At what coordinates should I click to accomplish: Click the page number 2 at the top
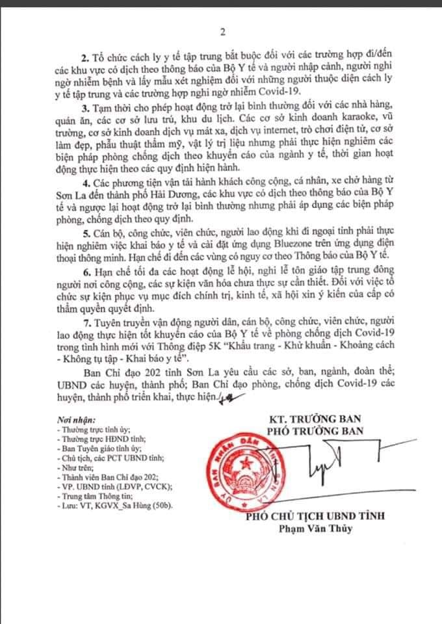(222, 31)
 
